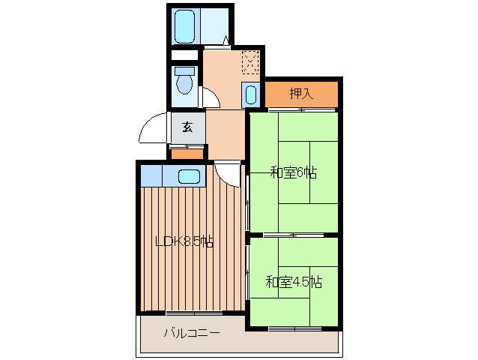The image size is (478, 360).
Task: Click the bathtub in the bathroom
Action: click(184, 26)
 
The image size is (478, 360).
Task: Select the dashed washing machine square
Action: click(251, 61)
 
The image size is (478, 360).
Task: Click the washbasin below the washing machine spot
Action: click(251, 95)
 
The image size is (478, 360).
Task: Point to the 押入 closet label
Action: click(301, 94)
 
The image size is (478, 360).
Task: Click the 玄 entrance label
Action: click(187, 127)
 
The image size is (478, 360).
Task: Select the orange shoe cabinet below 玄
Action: click(187, 154)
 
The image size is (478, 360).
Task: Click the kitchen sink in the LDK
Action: click(190, 177)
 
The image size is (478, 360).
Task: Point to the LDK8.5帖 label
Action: click(184, 241)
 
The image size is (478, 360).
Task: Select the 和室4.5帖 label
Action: click(294, 283)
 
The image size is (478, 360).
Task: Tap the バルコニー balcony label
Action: click(192, 332)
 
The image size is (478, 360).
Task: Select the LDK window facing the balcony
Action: click(193, 312)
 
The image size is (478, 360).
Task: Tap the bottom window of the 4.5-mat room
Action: click(294, 328)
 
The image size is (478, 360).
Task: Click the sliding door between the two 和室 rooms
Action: click(293, 235)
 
